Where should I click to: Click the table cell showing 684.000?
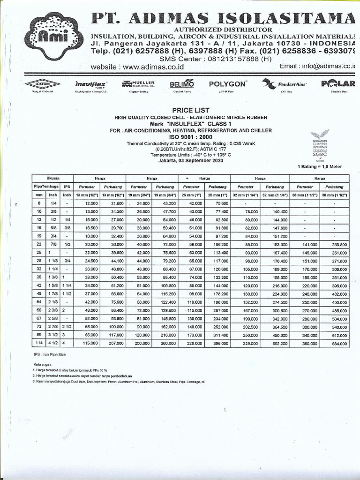[335, 344]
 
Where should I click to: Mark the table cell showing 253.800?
[335, 244]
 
